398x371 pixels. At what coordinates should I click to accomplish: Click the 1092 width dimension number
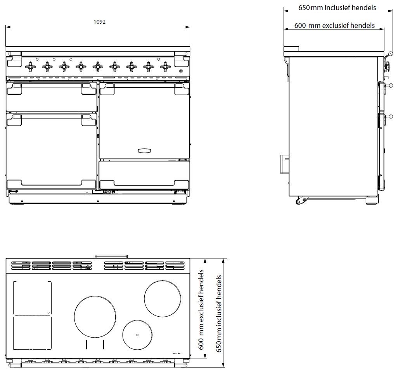[99, 22]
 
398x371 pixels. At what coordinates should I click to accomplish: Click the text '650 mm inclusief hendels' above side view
[337, 8]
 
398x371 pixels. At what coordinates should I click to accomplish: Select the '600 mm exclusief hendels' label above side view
[334, 25]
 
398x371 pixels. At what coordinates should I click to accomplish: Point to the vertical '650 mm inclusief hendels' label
[219, 314]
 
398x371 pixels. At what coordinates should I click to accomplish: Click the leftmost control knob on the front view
[31, 67]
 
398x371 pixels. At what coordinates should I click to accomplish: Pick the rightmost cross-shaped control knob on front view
[165, 67]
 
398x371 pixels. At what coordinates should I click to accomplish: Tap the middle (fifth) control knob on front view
[98, 67]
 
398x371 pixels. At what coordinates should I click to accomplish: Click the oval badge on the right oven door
[144, 151]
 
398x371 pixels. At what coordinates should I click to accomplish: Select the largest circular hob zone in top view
[95, 316]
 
